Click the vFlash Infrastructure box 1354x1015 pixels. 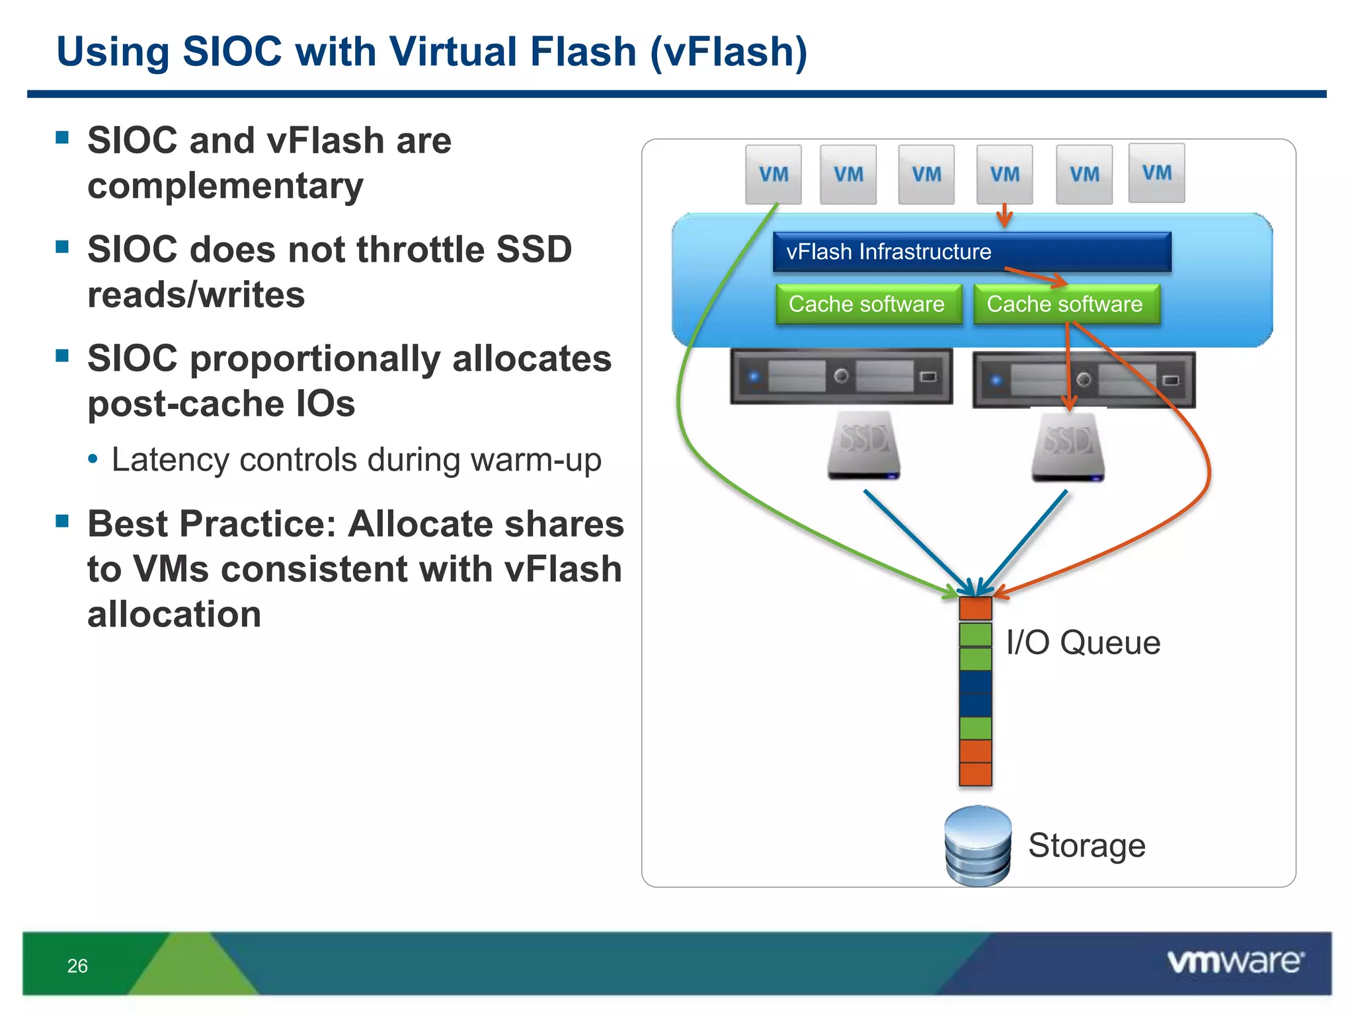(x=971, y=252)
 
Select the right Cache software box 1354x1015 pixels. (x=1066, y=304)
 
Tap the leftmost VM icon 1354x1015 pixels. (x=773, y=174)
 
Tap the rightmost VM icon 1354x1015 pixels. (x=1156, y=173)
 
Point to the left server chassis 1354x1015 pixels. (x=841, y=377)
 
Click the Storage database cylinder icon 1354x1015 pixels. (x=978, y=846)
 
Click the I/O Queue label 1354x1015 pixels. (x=1083, y=642)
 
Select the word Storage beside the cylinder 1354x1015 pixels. (x=1086, y=845)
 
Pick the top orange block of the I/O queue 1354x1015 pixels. (x=975, y=609)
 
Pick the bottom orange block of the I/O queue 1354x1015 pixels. (x=975, y=774)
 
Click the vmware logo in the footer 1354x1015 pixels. (x=1235, y=961)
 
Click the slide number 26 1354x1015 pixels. (x=77, y=966)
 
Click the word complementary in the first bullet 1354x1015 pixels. (x=225, y=186)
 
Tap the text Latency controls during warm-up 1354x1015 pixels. (x=356, y=460)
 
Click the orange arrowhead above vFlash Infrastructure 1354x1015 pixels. (x=1004, y=219)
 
